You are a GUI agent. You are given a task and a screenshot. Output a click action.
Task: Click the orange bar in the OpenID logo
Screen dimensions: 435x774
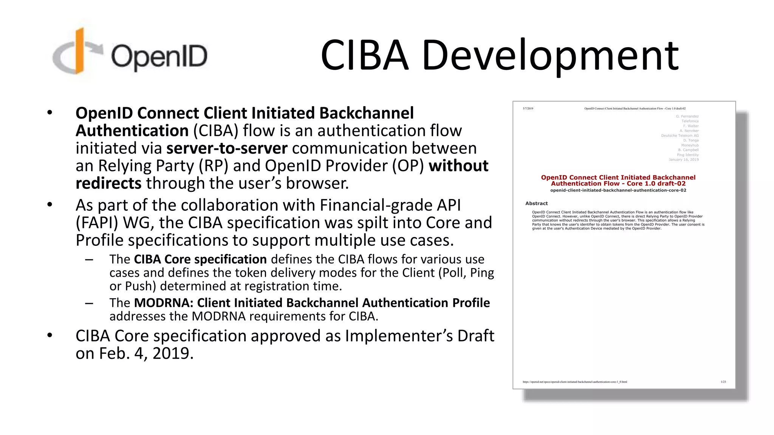pos(79,51)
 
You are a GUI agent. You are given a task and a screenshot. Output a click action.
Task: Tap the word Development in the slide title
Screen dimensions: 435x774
pos(550,56)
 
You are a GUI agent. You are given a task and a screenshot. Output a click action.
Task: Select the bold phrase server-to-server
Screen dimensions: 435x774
pos(227,148)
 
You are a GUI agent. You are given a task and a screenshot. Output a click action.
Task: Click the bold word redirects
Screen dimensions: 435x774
pos(108,184)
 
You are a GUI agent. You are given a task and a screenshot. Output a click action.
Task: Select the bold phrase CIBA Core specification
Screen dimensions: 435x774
pos(200,259)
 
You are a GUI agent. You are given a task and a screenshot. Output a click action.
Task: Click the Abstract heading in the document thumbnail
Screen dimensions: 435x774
pos(536,203)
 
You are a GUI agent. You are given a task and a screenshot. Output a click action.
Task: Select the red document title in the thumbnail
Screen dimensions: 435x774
pos(618,180)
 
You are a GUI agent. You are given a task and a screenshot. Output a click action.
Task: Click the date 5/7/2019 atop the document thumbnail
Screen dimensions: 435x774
pos(528,108)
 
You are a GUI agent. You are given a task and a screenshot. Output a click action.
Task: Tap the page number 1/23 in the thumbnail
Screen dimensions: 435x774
pos(723,382)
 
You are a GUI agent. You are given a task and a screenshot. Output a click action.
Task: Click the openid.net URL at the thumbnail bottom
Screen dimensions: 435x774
pos(574,382)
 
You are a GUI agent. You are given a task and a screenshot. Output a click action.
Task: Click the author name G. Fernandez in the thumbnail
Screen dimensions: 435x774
pos(687,116)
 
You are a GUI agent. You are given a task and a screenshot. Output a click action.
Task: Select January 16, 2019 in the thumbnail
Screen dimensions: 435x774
pos(684,160)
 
